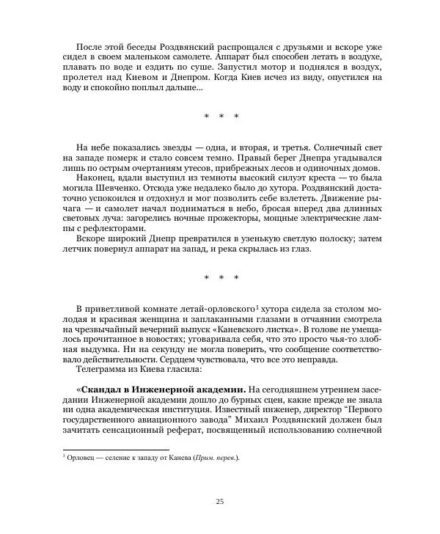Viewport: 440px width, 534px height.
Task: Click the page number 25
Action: coord(220,501)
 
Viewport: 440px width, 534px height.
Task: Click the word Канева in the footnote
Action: coord(174,458)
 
